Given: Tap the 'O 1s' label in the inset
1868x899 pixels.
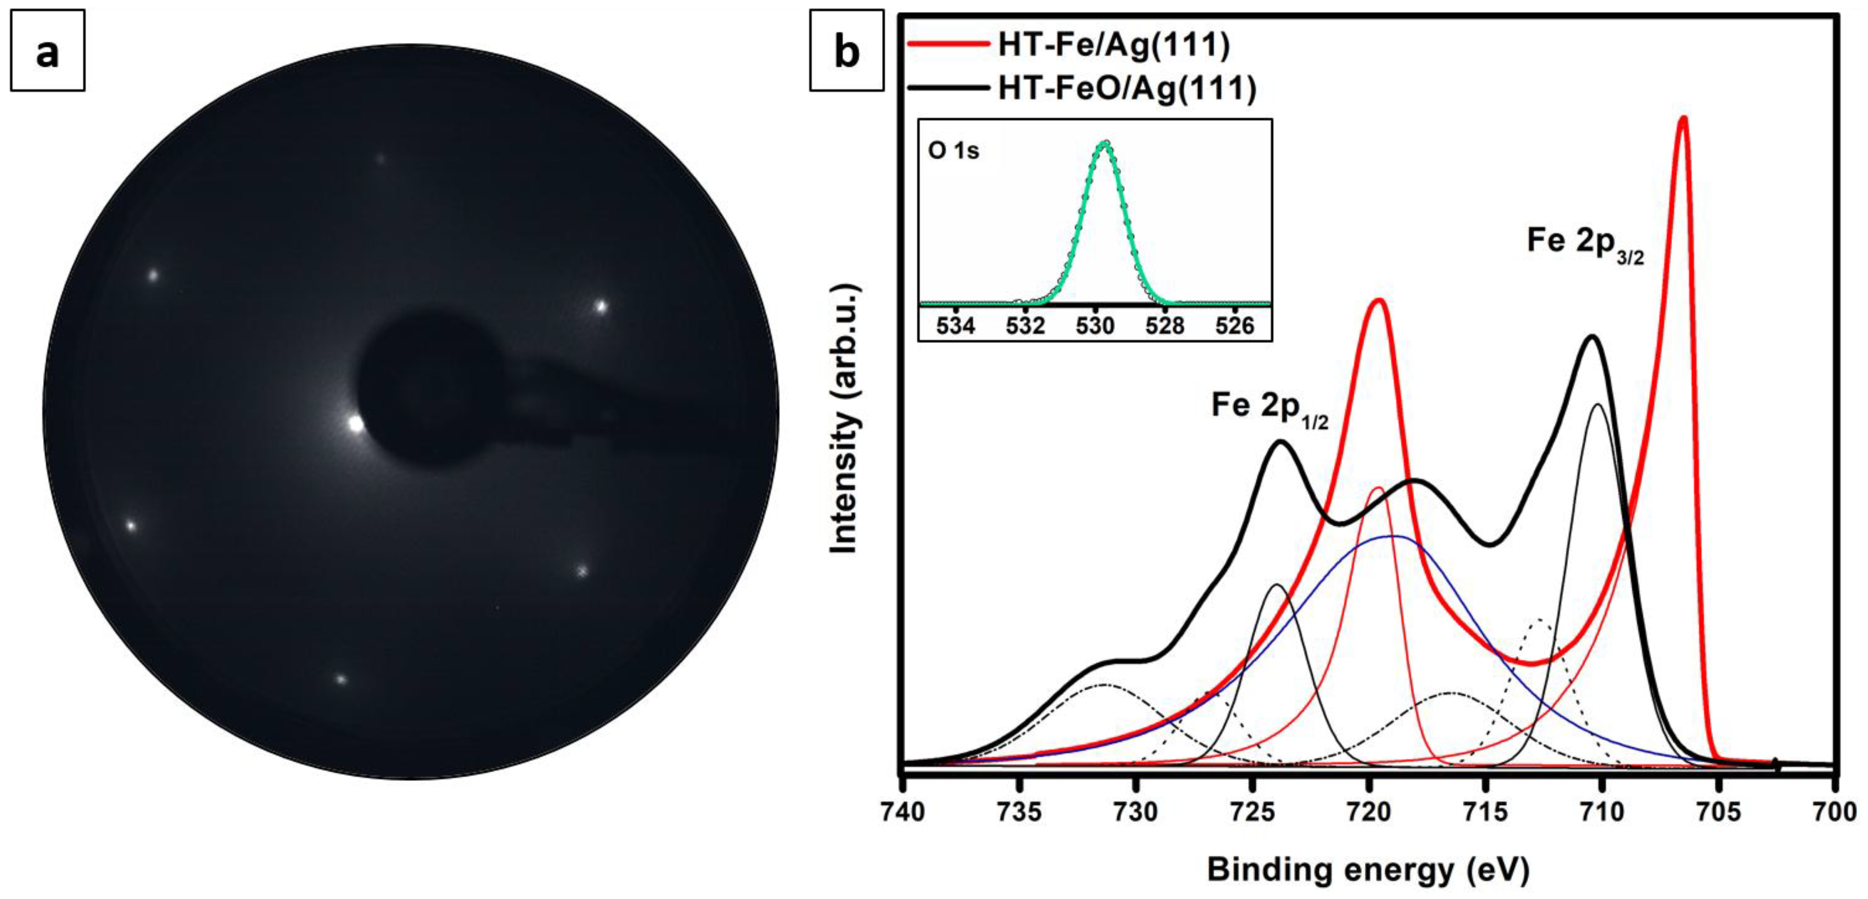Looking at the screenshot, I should (953, 151).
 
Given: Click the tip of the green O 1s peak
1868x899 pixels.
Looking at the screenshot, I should (1105, 143).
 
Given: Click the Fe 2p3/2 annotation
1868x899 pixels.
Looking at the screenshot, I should (1585, 243).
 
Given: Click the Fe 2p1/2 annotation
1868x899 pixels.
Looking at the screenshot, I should (1269, 407).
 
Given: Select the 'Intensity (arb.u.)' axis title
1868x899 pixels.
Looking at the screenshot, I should (845, 419).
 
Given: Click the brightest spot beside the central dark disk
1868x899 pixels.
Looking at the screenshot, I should (355, 424).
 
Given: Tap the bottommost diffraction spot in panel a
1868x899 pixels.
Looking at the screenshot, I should (341, 679).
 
